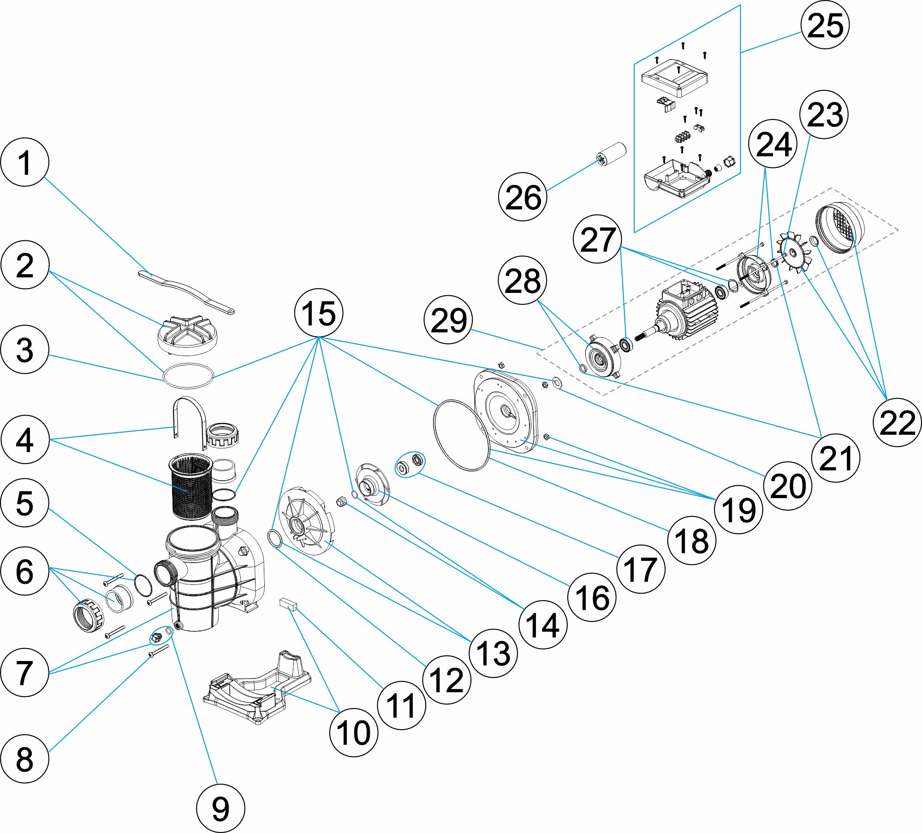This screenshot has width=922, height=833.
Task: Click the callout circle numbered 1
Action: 25,162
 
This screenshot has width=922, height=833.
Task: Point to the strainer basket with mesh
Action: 190,486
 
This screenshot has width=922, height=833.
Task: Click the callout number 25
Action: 825,25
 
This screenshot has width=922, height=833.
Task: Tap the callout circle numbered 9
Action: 220,808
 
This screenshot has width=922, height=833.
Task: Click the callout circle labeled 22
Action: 897,422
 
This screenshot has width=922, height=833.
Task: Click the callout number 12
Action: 446,679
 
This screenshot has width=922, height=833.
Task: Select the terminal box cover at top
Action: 674,78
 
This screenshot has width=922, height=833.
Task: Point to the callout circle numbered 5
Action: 25,503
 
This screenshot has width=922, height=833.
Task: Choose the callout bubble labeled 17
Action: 641,569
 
